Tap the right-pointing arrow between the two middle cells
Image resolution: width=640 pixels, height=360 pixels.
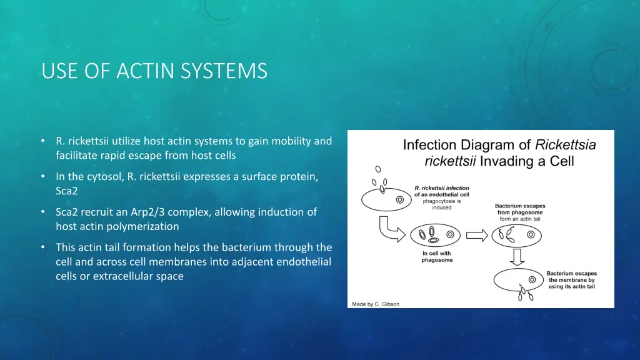click(477, 236)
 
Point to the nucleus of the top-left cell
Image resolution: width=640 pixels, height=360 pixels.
click(399, 200)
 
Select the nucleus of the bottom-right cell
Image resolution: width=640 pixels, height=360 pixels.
click(532, 279)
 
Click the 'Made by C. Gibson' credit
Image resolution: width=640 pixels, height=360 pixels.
click(374, 304)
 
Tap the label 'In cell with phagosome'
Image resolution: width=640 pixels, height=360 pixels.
click(437, 257)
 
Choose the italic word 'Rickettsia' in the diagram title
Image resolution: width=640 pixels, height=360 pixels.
click(565, 145)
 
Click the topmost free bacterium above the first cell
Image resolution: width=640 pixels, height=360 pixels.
click(377, 169)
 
